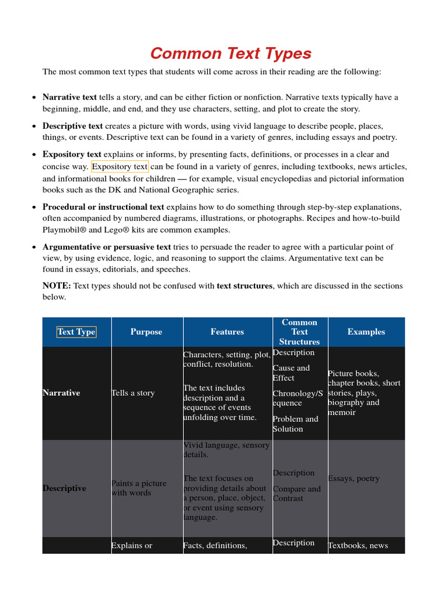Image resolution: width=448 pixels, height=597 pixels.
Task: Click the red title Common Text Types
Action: tap(230, 54)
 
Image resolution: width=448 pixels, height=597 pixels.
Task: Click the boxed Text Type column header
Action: tap(76, 332)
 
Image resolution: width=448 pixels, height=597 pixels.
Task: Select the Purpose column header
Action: tap(146, 332)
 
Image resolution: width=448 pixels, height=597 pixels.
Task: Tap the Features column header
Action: tap(227, 332)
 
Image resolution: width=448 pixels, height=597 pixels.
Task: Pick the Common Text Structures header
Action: tap(299, 332)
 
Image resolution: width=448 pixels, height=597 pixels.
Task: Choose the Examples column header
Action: tap(366, 332)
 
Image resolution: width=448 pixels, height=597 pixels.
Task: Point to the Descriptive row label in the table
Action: tap(64, 488)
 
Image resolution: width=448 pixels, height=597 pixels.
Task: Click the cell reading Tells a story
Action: tap(133, 393)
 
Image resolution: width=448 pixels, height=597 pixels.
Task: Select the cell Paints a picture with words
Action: tap(139, 488)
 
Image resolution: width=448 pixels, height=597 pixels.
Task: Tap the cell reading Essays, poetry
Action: tap(353, 479)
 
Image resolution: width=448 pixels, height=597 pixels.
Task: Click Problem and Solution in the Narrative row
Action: tap(295, 424)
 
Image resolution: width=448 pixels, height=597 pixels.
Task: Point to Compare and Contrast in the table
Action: tap(296, 494)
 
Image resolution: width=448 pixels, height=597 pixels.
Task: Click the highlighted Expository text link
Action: tap(120, 167)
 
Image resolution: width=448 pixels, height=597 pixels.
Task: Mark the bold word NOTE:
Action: tap(57, 286)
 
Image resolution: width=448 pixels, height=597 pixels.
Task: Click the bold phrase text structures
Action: tap(244, 286)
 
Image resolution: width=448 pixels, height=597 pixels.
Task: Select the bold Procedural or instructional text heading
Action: tap(103, 207)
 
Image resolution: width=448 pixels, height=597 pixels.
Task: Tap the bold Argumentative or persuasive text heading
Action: tap(107, 247)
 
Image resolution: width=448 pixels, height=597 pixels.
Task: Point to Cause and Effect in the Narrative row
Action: tap(291, 373)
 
